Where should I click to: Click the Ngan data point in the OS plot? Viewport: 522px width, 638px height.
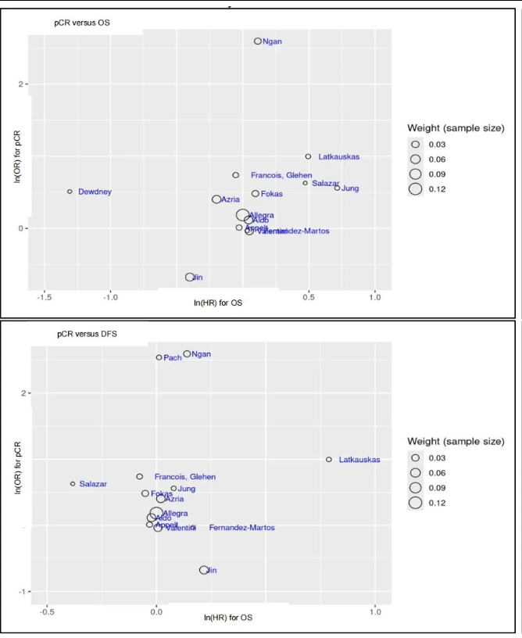[x=258, y=41]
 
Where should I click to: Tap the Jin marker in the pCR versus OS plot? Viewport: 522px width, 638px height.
[x=190, y=278]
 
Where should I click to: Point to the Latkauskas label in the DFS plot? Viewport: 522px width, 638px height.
[x=359, y=460]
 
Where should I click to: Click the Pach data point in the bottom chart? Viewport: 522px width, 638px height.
[x=159, y=357]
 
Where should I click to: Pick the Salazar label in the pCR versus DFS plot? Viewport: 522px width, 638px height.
[x=93, y=484]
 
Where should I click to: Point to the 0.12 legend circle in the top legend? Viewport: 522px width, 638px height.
[x=416, y=188]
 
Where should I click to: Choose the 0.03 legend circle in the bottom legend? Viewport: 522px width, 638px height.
[x=416, y=458]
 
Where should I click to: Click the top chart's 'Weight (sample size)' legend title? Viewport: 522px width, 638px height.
[x=456, y=127]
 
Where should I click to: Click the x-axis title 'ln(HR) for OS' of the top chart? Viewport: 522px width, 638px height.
[x=218, y=303]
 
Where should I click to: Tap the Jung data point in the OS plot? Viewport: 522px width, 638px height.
[x=338, y=188]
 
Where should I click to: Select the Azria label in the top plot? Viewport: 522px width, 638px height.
[x=230, y=200]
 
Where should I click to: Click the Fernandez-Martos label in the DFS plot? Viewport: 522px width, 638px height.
[x=241, y=528]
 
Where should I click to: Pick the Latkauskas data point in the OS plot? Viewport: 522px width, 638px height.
[x=309, y=156]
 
